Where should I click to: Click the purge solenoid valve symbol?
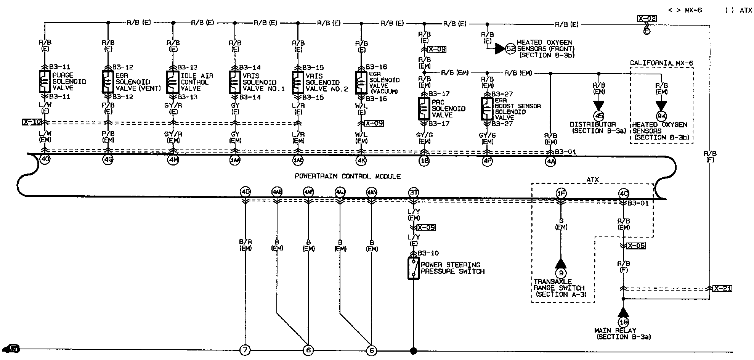click(45, 81)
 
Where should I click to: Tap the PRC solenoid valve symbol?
click(424, 109)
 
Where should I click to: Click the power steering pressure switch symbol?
click(413, 268)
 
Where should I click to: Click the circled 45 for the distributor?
click(598, 116)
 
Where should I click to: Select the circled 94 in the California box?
click(661, 116)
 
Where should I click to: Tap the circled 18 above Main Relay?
click(623, 322)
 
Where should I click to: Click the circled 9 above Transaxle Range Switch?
click(560, 273)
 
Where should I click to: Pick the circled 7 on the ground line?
click(245, 350)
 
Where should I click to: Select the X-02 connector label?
click(646, 18)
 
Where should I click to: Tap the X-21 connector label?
click(722, 288)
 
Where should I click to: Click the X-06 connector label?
click(636, 246)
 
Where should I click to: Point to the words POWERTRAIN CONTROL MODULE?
click(347, 176)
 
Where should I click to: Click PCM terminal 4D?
click(245, 192)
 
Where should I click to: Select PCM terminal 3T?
click(414, 192)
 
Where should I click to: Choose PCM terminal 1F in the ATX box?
click(561, 193)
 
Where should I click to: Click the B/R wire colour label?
click(245, 242)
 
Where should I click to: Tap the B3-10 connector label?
click(428, 253)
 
